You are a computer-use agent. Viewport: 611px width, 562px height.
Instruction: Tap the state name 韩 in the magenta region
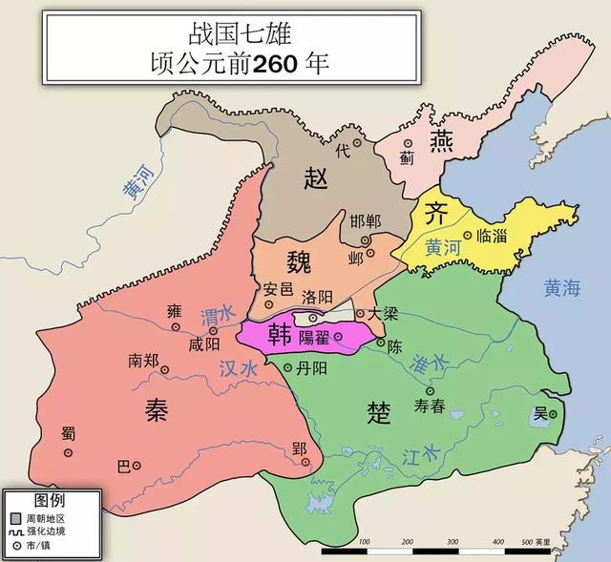coord(280,334)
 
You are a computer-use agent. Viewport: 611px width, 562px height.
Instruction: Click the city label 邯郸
coord(366,221)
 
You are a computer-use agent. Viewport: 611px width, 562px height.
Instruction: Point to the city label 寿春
coord(430,406)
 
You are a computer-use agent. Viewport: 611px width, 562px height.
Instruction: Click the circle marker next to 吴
coord(554,411)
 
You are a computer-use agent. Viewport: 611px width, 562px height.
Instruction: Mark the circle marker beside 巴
coord(137,466)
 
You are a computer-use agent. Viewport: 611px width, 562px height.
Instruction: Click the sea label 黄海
coord(561,285)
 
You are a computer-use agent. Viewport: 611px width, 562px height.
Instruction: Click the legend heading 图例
coord(50,500)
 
